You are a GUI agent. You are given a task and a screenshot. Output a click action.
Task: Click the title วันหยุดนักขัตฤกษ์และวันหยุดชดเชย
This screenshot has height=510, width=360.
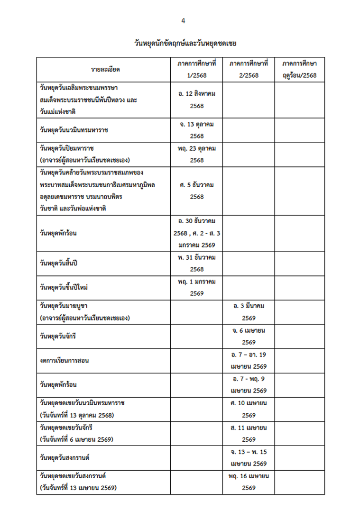[x=185, y=44]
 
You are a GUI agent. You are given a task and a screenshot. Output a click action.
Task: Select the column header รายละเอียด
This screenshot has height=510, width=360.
[x=105, y=69]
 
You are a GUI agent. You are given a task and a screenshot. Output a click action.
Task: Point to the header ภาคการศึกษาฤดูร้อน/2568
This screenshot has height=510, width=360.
[x=299, y=69]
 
